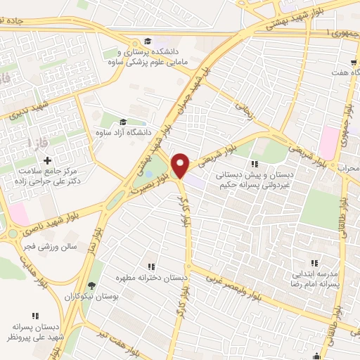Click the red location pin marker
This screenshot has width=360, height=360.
[x=181, y=165]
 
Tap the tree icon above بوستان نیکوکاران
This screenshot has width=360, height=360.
[x=92, y=285]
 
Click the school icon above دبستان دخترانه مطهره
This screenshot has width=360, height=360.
[x=151, y=266]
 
